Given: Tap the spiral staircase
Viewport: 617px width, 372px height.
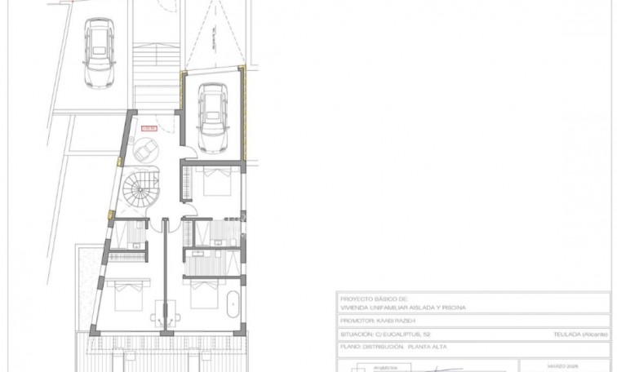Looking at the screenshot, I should (x=142, y=191).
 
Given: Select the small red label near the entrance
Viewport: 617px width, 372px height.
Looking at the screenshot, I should (x=149, y=127).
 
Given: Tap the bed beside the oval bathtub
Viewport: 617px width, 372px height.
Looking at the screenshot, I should (x=202, y=297).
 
